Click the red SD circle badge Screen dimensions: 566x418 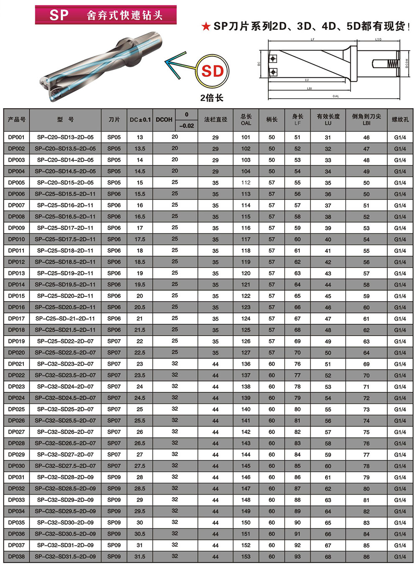(x=213, y=71)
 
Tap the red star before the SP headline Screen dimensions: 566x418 (x=206, y=27)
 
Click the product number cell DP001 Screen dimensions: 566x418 (x=16, y=137)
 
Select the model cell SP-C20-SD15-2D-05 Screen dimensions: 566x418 (x=65, y=183)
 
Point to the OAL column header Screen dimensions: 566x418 (x=246, y=119)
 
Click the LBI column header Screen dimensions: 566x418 (x=366, y=119)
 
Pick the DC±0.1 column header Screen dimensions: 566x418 (x=140, y=119)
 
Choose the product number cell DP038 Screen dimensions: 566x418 (x=16, y=556)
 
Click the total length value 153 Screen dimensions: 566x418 (x=246, y=556)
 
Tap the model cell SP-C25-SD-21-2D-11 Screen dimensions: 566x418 (x=65, y=318)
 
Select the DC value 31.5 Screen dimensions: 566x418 (x=140, y=556)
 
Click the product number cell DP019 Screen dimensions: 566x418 (x=16, y=341)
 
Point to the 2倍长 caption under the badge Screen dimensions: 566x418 (x=212, y=98)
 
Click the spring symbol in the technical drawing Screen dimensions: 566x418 (x=392, y=63)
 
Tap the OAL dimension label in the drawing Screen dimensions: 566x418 (x=336, y=96)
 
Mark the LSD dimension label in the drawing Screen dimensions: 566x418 (x=378, y=40)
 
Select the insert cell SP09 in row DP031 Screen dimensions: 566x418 (x=114, y=477)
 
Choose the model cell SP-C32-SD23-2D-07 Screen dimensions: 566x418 (x=65, y=364)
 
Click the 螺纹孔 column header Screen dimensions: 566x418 (x=400, y=119)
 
